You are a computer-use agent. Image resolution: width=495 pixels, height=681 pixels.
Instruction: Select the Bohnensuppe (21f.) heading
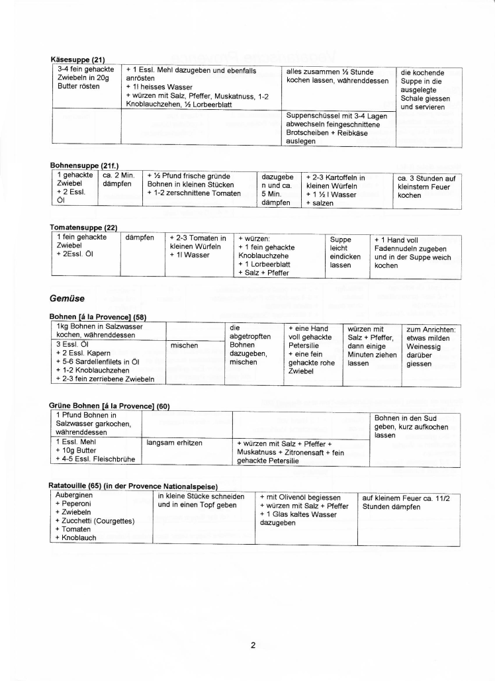[84, 165]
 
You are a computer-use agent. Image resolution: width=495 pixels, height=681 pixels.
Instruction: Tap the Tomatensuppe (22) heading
[83, 228]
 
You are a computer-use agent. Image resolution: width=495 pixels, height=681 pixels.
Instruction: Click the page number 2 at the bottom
[253, 646]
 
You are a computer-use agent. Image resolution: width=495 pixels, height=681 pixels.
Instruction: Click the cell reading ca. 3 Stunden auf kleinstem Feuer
[427, 187]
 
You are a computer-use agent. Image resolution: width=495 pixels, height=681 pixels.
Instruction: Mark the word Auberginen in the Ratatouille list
[74, 495]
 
